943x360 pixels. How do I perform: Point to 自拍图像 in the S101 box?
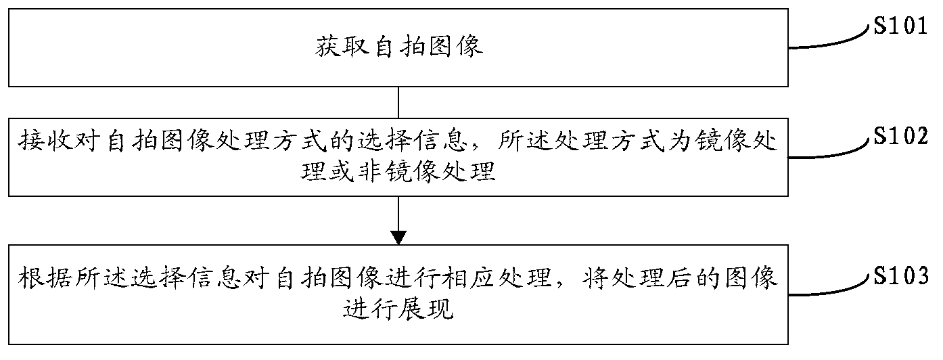428,47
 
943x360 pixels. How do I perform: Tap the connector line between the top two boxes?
399,102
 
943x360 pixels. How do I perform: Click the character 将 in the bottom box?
596,277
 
